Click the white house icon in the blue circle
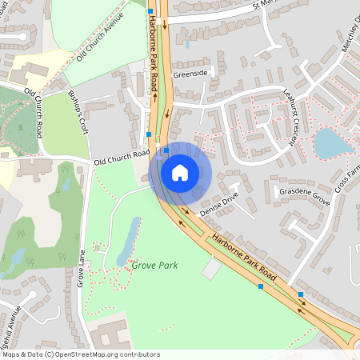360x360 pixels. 179,172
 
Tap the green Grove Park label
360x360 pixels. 154,265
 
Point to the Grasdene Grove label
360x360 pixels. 303,193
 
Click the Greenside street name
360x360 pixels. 190,74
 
